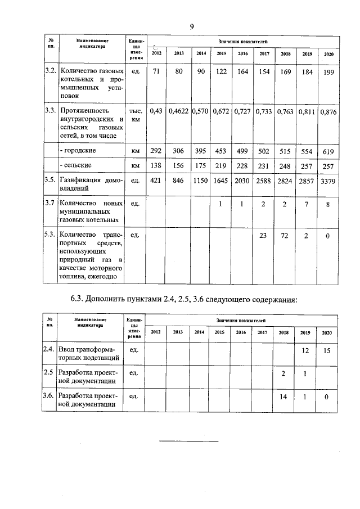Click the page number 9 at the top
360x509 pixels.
pos(192,26)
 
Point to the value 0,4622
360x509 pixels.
pos(179,111)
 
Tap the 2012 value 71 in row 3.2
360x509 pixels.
pos(156,72)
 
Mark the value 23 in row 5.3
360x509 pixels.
pos(263,236)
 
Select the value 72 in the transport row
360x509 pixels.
pos(285,236)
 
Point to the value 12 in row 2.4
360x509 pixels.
pos(306,350)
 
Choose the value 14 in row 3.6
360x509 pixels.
pos(285,397)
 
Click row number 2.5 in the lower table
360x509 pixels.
pos(50,373)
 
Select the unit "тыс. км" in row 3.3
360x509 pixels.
pos(135,115)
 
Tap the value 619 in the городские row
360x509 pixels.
pos(328,151)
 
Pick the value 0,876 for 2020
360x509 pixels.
pos(328,111)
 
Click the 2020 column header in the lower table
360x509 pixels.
pos(327,332)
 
